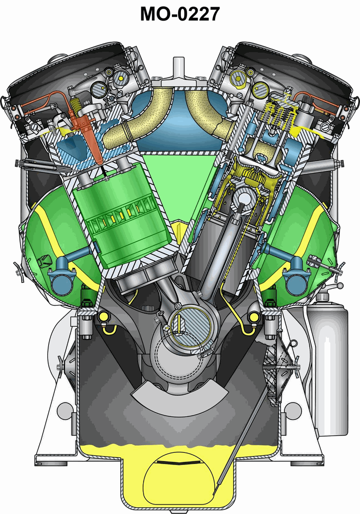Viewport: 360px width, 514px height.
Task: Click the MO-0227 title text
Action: (180, 14)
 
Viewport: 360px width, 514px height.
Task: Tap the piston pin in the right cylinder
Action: (244, 198)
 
